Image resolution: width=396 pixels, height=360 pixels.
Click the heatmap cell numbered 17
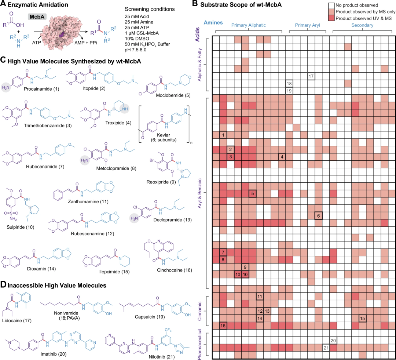pos(311,76)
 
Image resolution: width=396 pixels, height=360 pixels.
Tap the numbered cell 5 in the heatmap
pos(252,193)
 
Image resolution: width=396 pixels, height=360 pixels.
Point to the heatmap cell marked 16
pos(223,326)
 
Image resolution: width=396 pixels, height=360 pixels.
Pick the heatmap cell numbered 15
pos(363,318)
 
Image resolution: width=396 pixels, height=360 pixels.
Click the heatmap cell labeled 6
pos(318,215)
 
